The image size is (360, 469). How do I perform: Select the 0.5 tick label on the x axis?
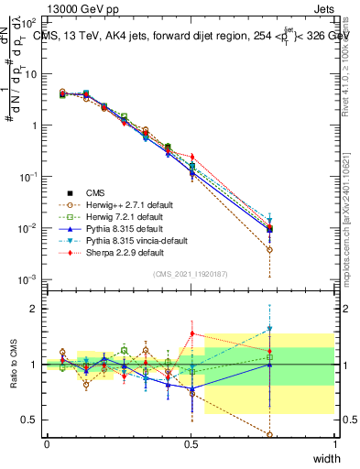pyautogui.click(x=191, y=443)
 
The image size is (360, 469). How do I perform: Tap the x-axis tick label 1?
pyautogui.click(x=335, y=443)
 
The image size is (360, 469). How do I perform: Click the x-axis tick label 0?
pyautogui.click(x=47, y=443)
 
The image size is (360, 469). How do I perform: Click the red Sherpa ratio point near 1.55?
pyautogui.click(x=191, y=333)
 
